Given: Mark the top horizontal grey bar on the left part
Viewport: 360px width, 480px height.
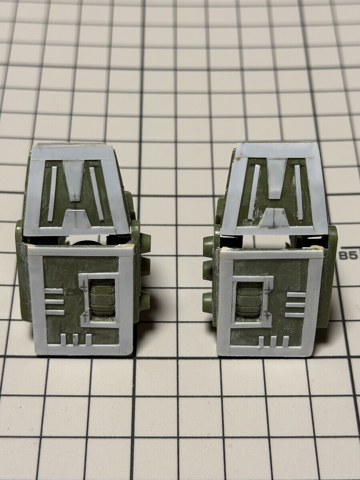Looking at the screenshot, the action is [54, 291].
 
